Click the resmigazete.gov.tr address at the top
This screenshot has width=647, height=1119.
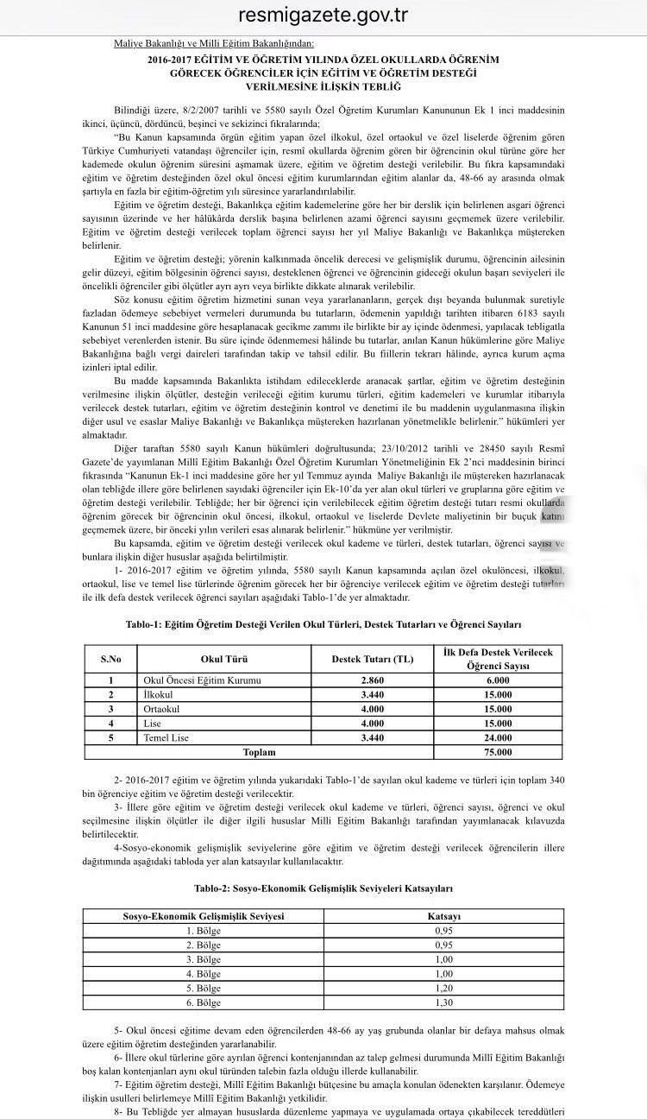(x=323, y=16)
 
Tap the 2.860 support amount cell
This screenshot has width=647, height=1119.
(x=373, y=680)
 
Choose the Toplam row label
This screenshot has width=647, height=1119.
(x=259, y=752)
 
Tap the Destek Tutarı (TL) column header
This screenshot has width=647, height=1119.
(x=373, y=660)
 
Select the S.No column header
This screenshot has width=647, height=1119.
(x=110, y=660)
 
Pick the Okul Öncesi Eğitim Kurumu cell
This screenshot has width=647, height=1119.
(x=202, y=680)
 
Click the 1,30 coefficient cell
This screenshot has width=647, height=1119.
(x=444, y=1002)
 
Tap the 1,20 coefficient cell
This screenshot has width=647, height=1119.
(x=444, y=988)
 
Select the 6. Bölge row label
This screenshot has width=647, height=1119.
(x=204, y=1002)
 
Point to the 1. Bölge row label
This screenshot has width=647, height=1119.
(x=204, y=929)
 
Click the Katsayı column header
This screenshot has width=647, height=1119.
(x=444, y=914)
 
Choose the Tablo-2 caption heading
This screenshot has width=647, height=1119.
(x=323, y=888)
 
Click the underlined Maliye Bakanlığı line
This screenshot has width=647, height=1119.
(x=214, y=42)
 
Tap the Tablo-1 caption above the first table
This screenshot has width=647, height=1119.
(x=323, y=623)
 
